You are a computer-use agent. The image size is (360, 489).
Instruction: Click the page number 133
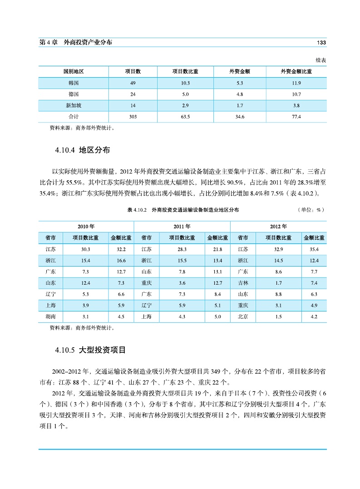click(x=321, y=42)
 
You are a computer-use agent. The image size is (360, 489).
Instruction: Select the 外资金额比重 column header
click(x=297, y=72)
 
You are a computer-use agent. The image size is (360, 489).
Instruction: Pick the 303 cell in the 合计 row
click(x=133, y=117)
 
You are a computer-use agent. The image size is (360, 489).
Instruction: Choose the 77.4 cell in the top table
click(x=297, y=117)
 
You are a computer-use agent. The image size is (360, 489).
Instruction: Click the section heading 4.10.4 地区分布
click(x=82, y=149)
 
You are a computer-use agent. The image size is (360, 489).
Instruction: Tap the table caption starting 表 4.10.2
click(x=183, y=210)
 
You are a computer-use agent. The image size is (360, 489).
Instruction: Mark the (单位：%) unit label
click(x=311, y=210)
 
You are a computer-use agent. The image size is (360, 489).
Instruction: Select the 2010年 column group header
click(x=86, y=226)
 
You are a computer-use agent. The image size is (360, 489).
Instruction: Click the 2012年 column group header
click(x=278, y=226)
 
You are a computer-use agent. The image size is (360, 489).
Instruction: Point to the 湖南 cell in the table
click(x=51, y=316)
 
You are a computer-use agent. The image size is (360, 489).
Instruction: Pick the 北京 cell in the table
click(x=243, y=316)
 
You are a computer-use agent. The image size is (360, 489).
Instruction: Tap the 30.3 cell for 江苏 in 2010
click(x=86, y=249)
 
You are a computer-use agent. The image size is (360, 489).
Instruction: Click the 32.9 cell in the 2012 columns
click(x=278, y=249)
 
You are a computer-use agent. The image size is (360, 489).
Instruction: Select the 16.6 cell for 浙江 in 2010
click(x=121, y=261)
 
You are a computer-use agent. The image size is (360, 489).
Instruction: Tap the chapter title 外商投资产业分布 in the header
click(x=88, y=42)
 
